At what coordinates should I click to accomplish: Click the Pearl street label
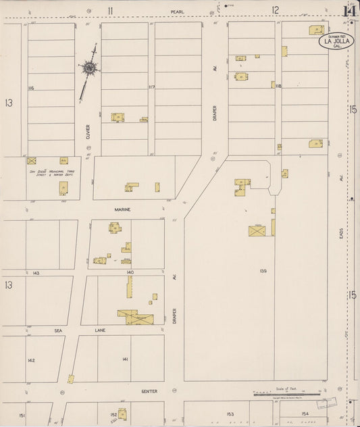[x=177, y=11]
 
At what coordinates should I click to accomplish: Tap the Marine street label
[x=122, y=209]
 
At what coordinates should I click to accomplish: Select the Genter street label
[x=149, y=391]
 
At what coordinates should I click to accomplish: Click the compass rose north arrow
[x=88, y=68]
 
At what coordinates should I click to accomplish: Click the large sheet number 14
[x=349, y=10]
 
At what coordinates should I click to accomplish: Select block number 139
[x=263, y=271]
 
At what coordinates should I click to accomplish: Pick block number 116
[x=31, y=88]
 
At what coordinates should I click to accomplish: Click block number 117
[x=151, y=87]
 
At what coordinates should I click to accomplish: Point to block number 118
[x=278, y=86]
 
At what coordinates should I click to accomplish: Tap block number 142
[x=31, y=360]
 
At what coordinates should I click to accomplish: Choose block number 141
[x=125, y=359]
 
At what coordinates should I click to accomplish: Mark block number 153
[x=230, y=413]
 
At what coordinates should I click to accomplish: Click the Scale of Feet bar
[x=287, y=393]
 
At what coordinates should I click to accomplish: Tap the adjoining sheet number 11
[x=109, y=10]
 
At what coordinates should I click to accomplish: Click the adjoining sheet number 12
[x=276, y=10]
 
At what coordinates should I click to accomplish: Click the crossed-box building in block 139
[x=257, y=231]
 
